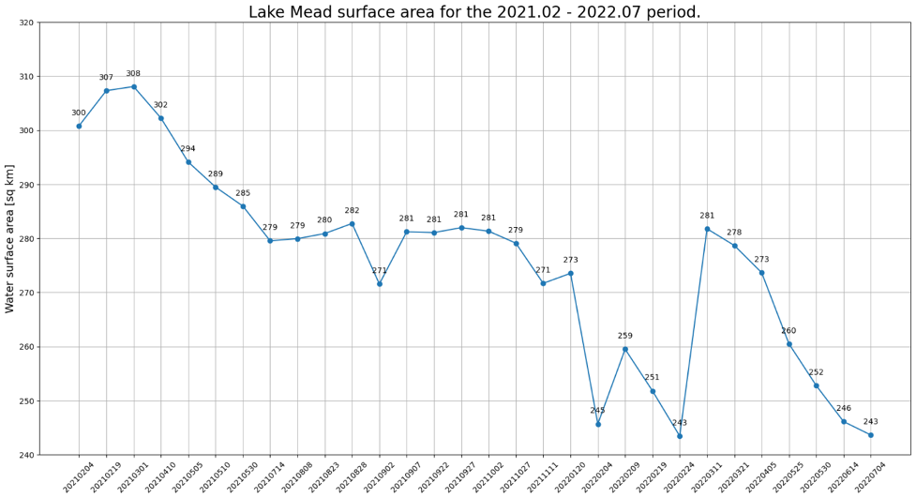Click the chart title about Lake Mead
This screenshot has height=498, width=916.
tap(473, 12)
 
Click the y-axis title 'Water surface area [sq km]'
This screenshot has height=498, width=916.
tap(10, 238)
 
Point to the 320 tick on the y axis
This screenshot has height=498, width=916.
tap(25, 23)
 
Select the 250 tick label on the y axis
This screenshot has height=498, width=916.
tap(25, 401)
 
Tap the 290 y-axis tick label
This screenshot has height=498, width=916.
tap(25, 185)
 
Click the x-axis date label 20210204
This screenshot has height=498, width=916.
tap(79, 476)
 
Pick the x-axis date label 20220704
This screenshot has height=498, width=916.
tap(871, 476)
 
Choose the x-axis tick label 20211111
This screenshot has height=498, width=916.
tap(543, 476)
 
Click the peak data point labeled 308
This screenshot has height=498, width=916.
tap(133, 86)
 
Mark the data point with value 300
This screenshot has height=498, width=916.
tap(79, 126)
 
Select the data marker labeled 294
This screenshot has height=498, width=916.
tap(188, 162)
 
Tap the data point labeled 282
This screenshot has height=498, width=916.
tap(353, 223)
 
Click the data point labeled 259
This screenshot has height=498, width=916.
tap(625, 349)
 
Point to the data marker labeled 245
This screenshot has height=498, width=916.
tap(598, 424)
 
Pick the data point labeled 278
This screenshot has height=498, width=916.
tap(734, 246)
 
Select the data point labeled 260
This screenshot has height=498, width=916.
tap(789, 344)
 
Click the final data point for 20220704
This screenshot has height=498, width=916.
tap(871, 435)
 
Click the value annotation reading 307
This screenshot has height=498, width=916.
tap(106, 78)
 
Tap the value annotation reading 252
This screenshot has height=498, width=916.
tap(817, 372)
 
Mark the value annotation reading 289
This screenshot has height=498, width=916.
tap(216, 174)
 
